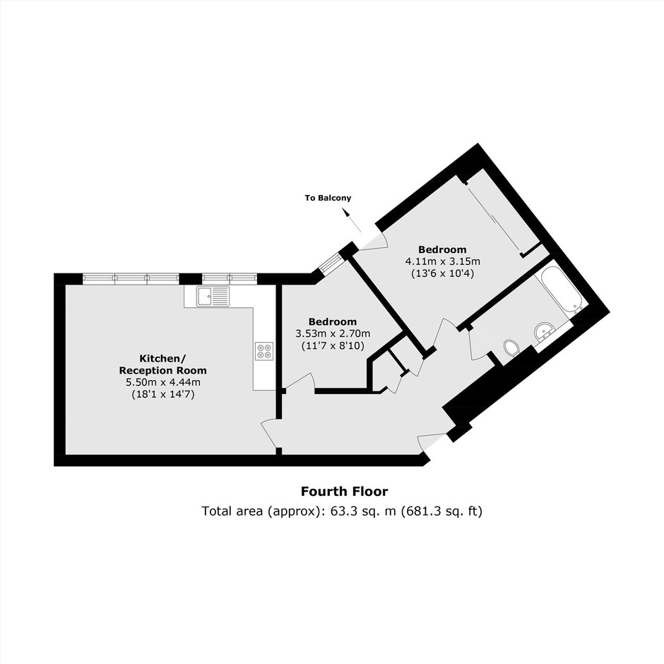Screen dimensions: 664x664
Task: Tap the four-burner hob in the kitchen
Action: pos(264,351)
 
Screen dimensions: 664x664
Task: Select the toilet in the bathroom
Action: pos(511,349)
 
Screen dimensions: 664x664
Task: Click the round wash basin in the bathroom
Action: pos(544,331)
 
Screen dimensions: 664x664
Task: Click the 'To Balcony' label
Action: pos(328,198)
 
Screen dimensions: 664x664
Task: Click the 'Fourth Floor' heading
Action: pos(344,491)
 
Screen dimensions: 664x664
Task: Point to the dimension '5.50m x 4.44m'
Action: pos(163,382)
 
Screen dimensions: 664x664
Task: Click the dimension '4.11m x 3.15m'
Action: pos(442,261)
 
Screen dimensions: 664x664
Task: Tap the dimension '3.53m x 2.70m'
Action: pos(333,333)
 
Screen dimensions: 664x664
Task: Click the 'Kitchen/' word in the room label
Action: pos(162,359)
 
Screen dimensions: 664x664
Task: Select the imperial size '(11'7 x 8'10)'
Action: pos(333,345)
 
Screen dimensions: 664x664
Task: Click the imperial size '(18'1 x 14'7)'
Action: pos(163,395)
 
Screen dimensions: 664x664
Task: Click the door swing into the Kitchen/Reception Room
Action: pos(269,433)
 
